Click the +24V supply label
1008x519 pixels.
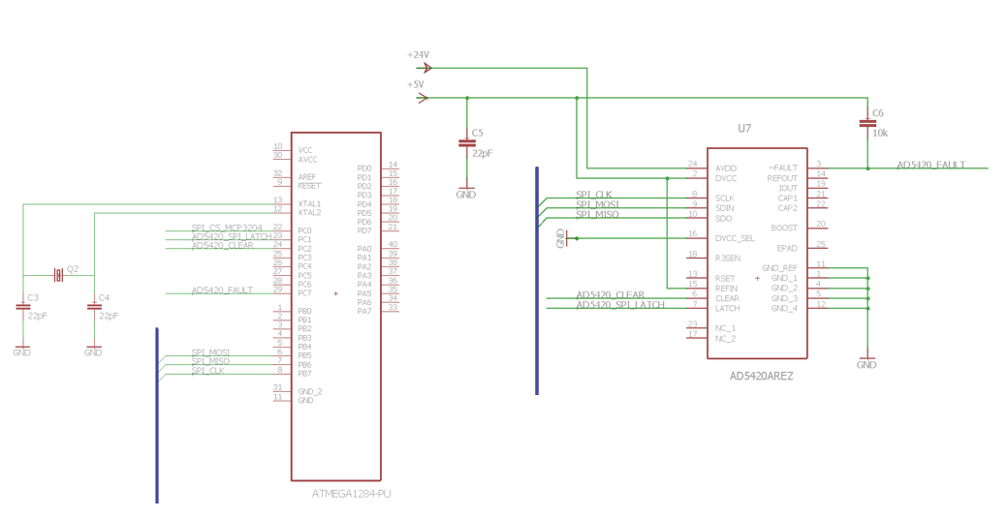[x=418, y=55]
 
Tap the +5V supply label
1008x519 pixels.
[x=416, y=84]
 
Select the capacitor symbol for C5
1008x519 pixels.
[x=466, y=143]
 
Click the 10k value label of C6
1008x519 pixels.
[x=880, y=133]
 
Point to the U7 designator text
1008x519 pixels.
[x=744, y=128]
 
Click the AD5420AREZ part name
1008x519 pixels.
[x=761, y=376]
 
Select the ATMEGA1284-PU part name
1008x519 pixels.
[x=351, y=494]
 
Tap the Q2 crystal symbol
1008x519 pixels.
[x=58, y=276]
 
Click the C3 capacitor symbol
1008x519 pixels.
[x=22, y=307]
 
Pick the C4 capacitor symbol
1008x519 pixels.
[x=94, y=307]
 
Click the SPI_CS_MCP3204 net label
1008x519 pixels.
[x=226, y=228]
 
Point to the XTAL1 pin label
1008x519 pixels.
[x=309, y=203]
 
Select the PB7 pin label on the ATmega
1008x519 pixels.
[x=304, y=373]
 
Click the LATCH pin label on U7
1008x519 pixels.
[x=727, y=308]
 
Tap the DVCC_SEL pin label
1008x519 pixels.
[x=734, y=238]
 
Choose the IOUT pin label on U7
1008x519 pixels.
[x=787, y=188]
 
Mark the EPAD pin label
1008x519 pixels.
[x=786, y=248]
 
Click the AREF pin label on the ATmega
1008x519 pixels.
[x=307, y=177]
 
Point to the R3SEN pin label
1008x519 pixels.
[x=728, y=258]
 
